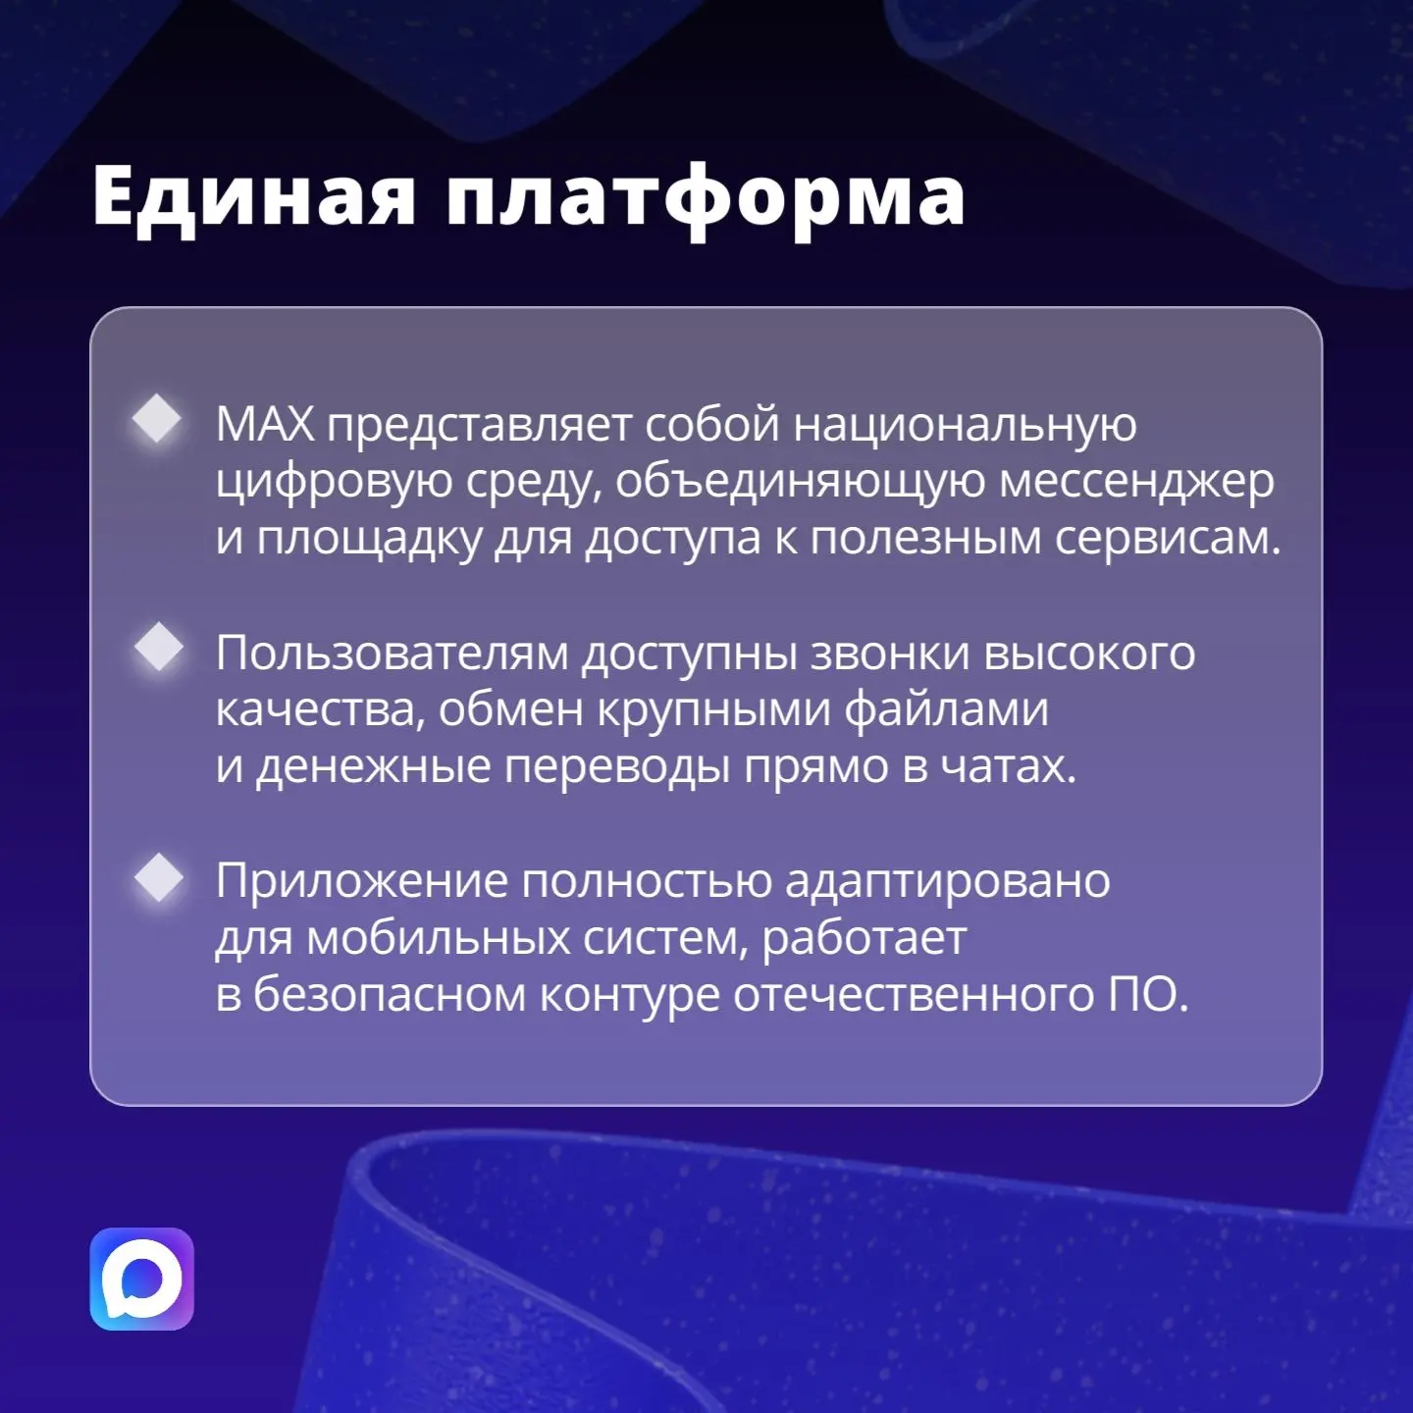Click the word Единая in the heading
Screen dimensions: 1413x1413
(254, 196)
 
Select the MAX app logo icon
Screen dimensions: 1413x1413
(141, 1279)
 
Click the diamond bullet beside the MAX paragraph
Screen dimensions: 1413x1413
(157, 419)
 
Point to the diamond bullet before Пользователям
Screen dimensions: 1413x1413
(159, 647)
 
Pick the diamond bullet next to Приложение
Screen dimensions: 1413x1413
(159, 877)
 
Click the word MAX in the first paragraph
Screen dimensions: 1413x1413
(265, 424)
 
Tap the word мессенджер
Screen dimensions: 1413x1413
(1137, 482)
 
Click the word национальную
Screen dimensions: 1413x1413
(965, 425)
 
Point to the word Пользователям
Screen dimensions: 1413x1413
(392, 653)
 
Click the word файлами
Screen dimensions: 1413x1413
(946, 709)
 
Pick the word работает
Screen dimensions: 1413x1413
(864, 939)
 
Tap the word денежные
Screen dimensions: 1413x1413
(373, 767)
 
